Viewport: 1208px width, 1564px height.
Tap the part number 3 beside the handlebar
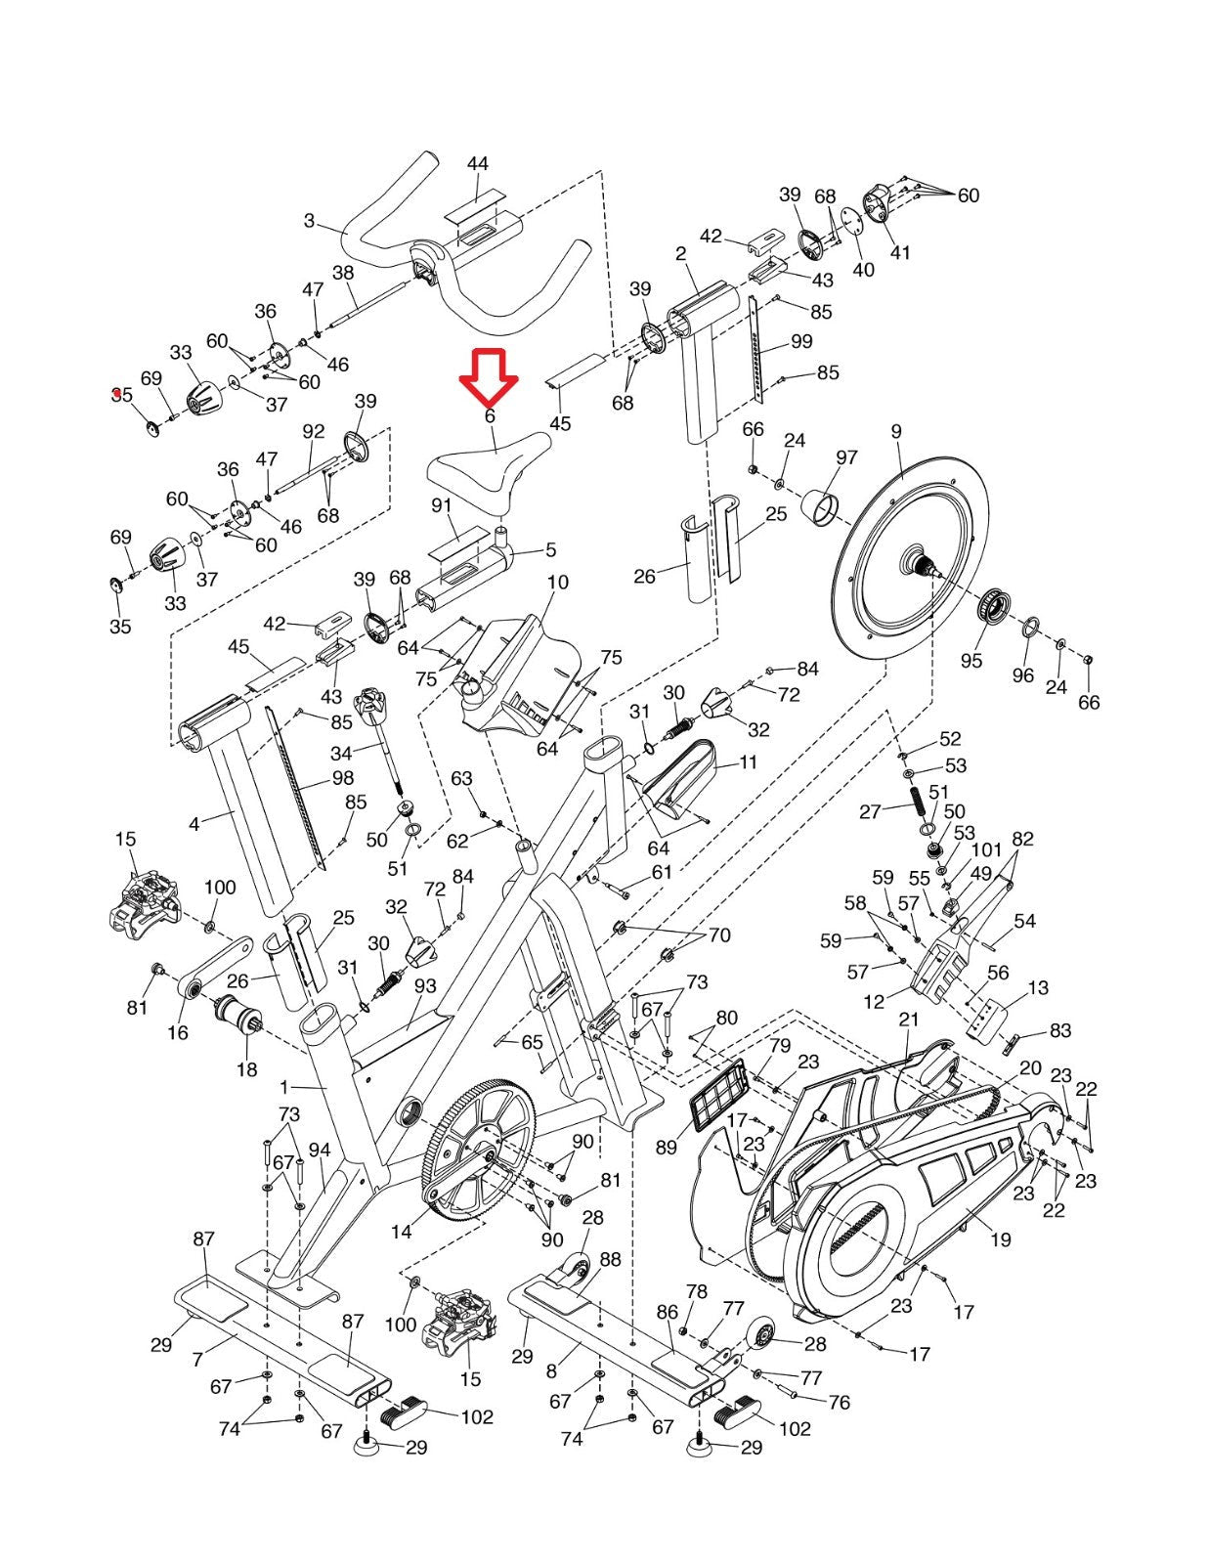309,220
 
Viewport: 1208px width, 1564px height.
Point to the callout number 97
846,457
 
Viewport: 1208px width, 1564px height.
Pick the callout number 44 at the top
477,163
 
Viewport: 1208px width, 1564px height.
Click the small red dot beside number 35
116,392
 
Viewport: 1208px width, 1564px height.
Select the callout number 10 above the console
558,582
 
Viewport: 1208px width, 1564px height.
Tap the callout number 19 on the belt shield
1000,1239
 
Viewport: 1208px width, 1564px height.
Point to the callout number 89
667,1147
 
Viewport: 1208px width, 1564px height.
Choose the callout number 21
909,1020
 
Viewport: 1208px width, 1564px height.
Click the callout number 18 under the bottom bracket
246,1068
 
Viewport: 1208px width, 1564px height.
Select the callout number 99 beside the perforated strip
800,341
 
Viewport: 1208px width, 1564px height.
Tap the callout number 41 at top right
900,252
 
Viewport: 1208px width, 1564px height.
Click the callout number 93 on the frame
425,985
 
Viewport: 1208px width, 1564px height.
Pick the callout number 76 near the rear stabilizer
839,1402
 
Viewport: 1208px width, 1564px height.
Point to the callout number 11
749,761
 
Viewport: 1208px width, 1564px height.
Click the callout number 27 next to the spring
870,811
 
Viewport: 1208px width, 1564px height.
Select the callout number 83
1060,1030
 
